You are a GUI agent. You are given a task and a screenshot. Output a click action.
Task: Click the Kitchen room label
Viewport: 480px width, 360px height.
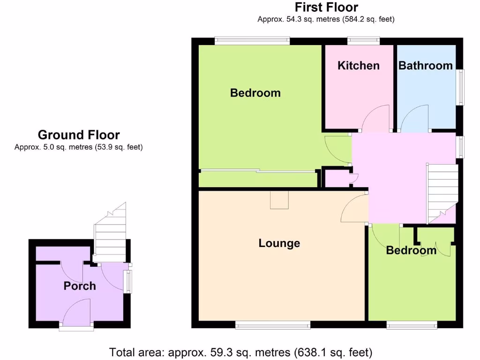(359, 65)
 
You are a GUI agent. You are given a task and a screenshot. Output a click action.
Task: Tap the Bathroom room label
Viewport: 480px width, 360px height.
(426, 65)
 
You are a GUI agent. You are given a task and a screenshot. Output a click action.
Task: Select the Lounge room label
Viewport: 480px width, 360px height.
(279, 243)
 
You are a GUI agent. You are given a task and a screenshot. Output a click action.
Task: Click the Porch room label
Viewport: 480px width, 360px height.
(80, 285)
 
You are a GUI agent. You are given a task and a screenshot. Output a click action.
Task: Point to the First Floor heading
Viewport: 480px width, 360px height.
(326, 7)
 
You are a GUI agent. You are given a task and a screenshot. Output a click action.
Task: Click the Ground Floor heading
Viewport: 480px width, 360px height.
(79, 135)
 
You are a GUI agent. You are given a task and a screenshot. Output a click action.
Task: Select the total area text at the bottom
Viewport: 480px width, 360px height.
(240, 352)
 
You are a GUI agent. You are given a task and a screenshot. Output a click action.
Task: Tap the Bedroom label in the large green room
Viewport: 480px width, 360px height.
(255, 93)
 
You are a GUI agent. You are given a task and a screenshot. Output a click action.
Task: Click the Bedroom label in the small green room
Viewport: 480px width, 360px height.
(411, 250)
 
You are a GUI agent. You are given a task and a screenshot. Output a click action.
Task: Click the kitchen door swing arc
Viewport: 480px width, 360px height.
(377, 118)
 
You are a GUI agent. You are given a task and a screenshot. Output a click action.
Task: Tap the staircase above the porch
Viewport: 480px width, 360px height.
(111, 234)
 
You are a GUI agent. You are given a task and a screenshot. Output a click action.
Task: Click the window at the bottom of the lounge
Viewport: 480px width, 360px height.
(273, 324)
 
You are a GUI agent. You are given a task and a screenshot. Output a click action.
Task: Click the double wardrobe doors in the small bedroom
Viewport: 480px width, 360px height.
(436, 244)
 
